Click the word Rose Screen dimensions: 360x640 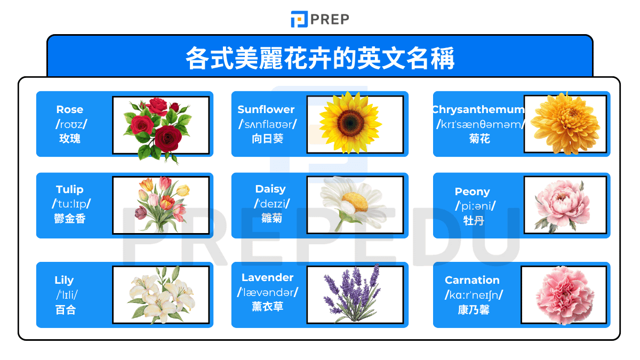(x=70, y=109)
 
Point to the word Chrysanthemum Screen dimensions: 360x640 (x=478, y=109)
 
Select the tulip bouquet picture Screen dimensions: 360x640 (x=161, y=205)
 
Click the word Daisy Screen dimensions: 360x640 (x=270, y=189)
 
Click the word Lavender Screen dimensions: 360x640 (x=267, y=277)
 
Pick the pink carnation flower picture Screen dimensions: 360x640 (x=564, y=295)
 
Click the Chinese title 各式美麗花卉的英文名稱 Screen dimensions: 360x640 (x=320, y=59)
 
